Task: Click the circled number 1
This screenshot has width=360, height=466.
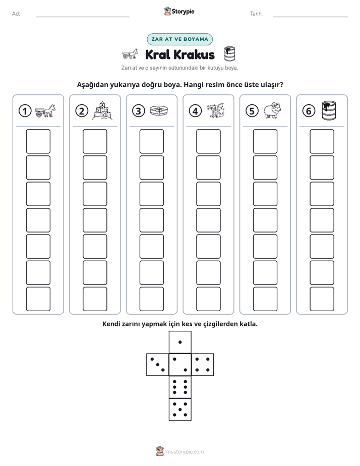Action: click(x=25, y=111)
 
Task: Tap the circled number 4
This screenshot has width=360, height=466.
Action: click(x=195, y=111)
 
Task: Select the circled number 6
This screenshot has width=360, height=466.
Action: click(x=309, y=111)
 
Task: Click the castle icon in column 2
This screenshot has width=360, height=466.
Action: click(x=102, y=110)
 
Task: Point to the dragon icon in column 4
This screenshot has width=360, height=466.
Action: click(x=216, y=110)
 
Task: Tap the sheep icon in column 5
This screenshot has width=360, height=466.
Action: click(x=272, y=110)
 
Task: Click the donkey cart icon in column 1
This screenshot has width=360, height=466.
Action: click(x=45, y=110)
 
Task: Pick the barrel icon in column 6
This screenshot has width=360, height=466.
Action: click(x=329, y=110)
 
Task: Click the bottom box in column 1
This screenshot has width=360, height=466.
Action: click(x=38, y=299)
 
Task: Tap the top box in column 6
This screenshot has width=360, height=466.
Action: click(x=322, y=141)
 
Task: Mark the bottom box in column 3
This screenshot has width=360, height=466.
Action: click(x=151, y=299)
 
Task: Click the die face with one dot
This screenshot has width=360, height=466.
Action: click(x=180, y=342)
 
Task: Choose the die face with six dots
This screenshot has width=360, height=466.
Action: click(x=180, y=387)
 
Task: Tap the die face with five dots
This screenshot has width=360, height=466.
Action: click(x=180, y=409)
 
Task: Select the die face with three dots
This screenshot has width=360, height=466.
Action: click(x=158, y=365)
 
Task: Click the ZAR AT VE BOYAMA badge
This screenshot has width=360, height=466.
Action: click(x=179, y=39)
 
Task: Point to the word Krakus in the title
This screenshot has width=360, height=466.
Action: click(x=194, y=54)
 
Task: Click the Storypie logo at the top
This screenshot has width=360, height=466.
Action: click(x=179, y=11)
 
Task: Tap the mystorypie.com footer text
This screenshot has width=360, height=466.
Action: click(x=185, y=452)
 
